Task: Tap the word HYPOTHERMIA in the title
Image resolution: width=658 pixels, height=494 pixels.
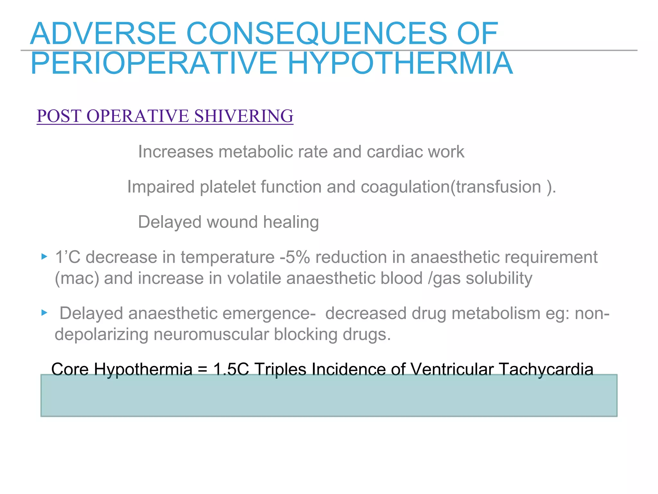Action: click(400, 63)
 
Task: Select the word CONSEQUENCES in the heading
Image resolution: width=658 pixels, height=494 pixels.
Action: click(316, 34)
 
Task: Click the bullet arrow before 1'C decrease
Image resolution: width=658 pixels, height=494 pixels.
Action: click(44, 257)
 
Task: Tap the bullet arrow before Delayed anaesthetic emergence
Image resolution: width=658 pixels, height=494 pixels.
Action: click(44, 313)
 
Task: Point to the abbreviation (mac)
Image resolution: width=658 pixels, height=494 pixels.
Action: click(77, 278)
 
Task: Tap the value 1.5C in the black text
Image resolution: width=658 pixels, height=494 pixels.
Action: click(231, 369)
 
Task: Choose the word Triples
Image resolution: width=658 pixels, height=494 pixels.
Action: click(280, 369)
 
